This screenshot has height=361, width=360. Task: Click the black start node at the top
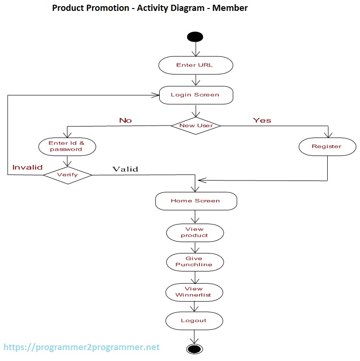[195, 37]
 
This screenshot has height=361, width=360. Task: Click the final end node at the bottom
[194, 349]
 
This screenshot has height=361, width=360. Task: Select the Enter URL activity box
[195, 65]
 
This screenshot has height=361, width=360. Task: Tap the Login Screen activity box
[195, 95]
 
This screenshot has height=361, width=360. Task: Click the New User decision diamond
[196, 126]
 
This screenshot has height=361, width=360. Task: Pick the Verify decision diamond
[68, 175]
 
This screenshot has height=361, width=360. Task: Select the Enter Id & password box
[67, 146]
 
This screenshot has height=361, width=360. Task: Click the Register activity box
[327, 146]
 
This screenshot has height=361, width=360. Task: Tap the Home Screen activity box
[196, 201]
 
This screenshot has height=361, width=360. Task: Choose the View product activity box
[195, 232]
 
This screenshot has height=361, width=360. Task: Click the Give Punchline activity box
[194, 262]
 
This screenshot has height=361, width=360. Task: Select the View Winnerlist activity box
[193, 292]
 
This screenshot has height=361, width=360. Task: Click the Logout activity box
[194, 321]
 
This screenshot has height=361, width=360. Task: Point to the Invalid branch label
[27, 167]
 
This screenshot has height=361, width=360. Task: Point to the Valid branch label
[125, 169]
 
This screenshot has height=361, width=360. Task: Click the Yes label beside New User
[262, 120]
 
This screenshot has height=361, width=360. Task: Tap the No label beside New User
[126, 120]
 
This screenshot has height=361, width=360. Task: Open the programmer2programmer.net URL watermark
[81, 347]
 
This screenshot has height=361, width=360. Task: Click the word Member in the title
[230, 8]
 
